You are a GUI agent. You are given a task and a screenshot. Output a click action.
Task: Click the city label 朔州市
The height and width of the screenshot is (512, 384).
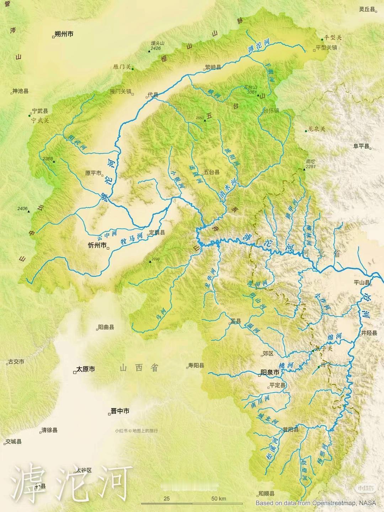(x=64, y=34)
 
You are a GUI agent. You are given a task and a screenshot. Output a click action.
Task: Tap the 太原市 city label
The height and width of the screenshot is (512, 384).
(x=86, y=369)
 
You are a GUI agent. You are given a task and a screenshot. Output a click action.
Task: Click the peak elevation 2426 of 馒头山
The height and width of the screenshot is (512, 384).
(x=156, y=48)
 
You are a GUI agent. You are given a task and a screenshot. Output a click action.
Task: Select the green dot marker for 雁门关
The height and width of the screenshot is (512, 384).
(x=133, y=69)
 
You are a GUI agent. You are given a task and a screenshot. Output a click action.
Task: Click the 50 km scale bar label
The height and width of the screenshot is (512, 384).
(x=218, y=498)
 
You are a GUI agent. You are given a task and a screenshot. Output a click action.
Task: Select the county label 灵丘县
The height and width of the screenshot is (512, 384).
(x=367, y=10)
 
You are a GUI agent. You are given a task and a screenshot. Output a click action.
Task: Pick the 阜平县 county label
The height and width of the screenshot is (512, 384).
(x=361, y=146)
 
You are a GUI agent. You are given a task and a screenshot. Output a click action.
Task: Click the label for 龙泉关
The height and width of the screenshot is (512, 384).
(x=316, y=129)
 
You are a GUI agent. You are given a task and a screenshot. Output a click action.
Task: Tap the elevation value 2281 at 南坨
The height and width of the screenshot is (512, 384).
(x=310, y=166)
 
